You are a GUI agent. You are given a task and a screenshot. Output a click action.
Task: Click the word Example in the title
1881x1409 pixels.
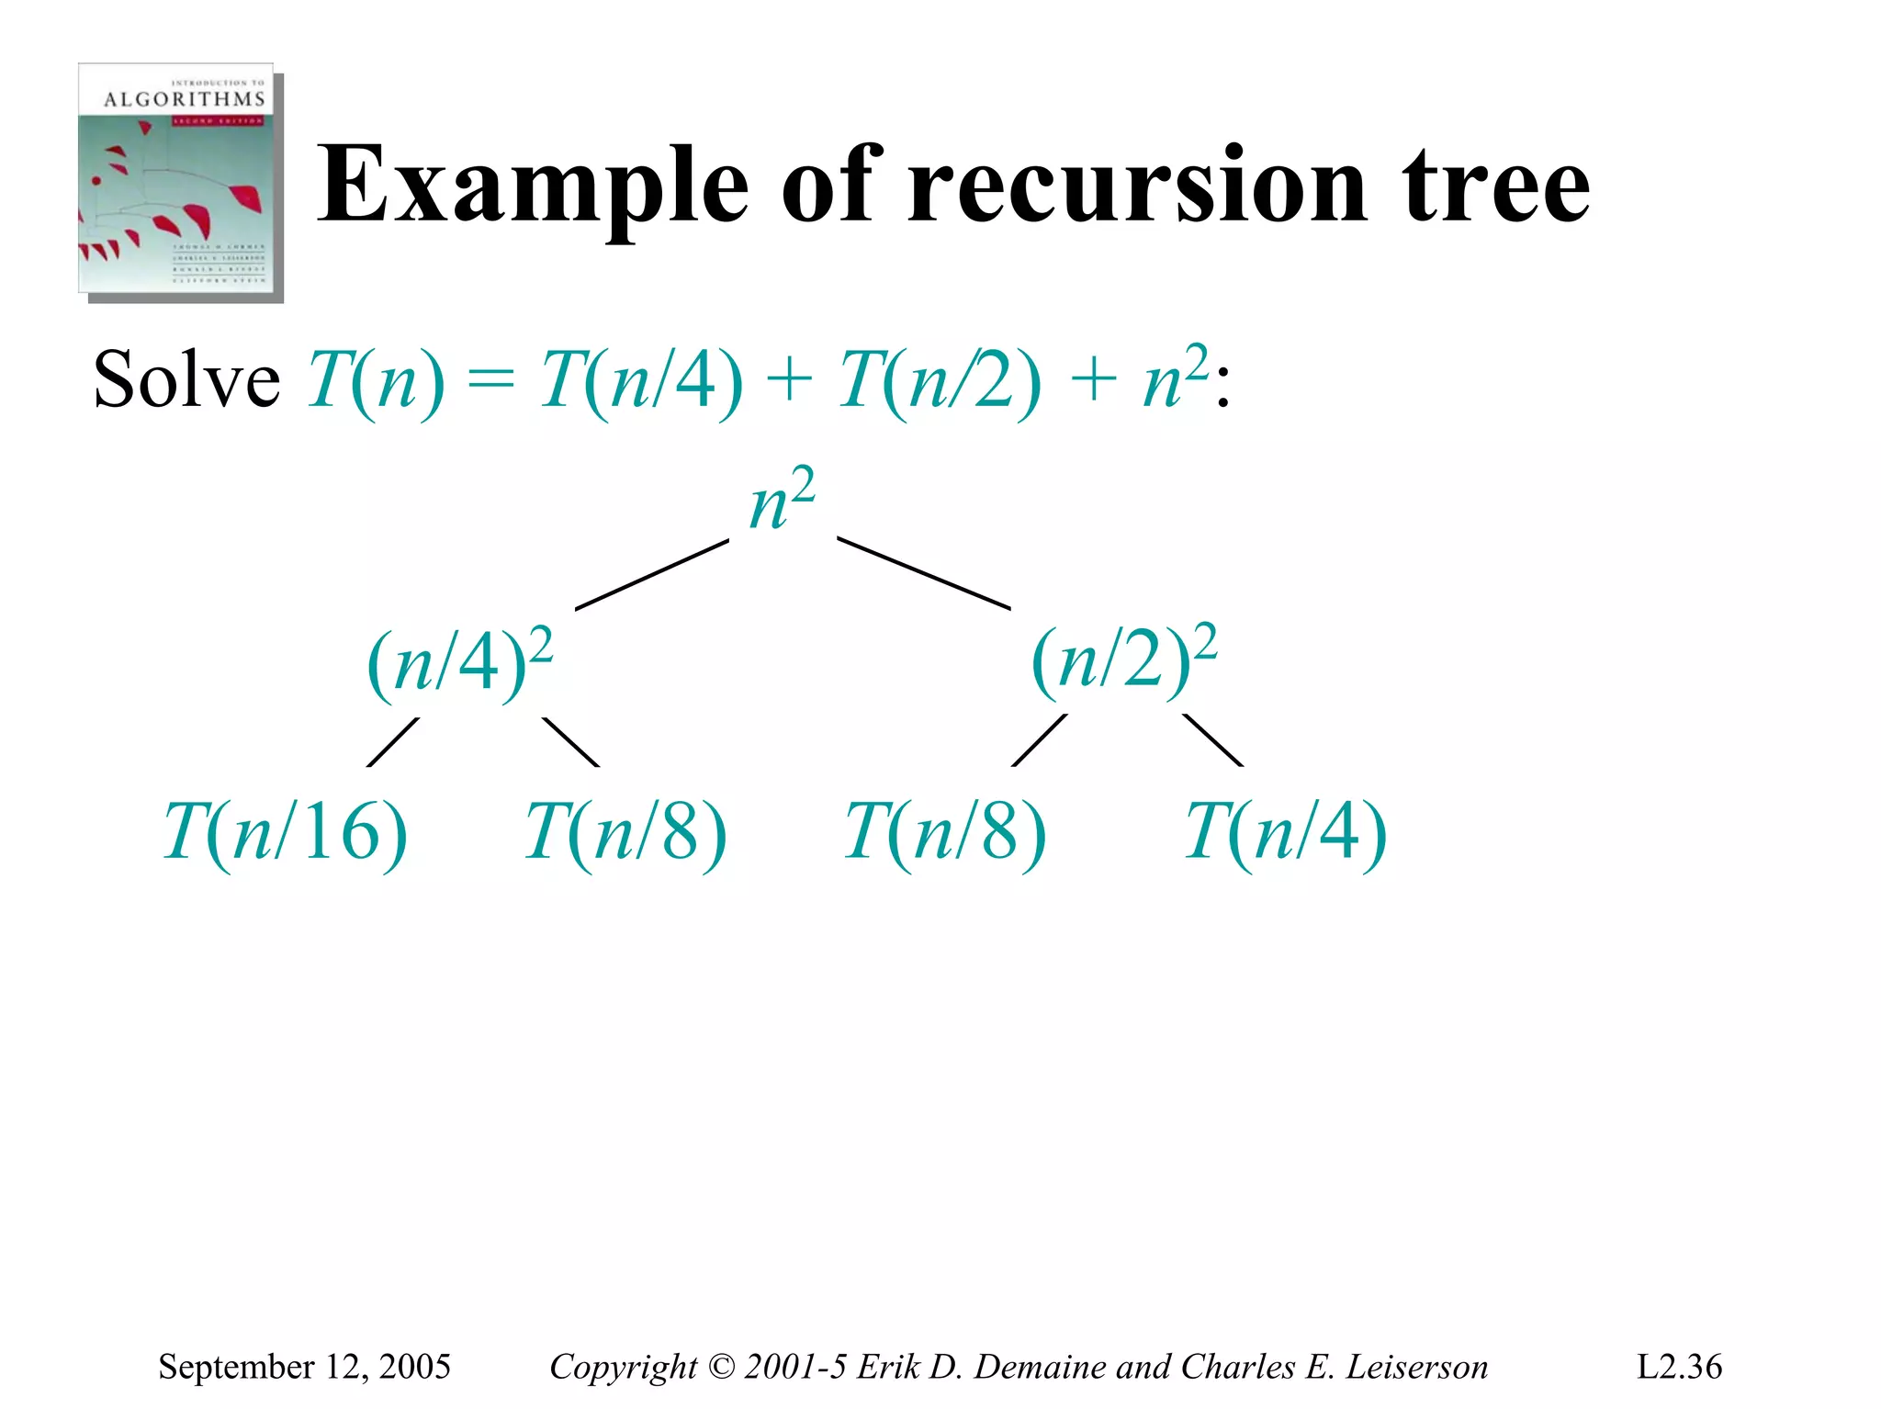click(533, 186)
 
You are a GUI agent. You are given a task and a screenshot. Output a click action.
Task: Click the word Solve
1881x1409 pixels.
click(186, 381)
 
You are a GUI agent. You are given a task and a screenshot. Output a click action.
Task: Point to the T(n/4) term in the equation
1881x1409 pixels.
click(641, 381)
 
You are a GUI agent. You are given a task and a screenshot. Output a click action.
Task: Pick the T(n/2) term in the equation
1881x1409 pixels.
click(940, 381)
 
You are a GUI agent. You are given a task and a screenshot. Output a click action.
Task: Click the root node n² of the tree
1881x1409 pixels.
click(782, 501)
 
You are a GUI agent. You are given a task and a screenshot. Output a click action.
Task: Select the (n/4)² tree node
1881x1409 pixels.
click(460, 662)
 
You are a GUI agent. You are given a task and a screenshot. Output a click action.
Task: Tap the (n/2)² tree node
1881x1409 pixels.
click(1124, 660)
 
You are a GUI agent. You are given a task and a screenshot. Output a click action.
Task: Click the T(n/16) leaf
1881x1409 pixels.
click(285, 832)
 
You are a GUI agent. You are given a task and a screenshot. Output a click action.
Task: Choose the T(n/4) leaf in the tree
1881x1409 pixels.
click(1285, 832)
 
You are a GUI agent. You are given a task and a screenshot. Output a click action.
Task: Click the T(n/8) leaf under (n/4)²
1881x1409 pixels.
click(625, 832)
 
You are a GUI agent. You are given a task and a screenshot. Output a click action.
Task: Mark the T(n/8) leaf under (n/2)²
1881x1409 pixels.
click(945, 832)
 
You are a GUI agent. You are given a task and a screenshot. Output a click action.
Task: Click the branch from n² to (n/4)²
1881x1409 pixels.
click(652, 574)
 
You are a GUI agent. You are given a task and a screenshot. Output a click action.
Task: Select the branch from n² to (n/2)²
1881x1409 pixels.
click(923, 574)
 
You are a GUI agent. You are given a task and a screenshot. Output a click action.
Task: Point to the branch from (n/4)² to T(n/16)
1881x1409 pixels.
click(393, 741)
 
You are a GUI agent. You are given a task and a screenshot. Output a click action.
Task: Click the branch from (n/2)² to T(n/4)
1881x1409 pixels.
click(1212, 739)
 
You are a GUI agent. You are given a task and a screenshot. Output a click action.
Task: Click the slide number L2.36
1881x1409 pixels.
click(1679, 1367)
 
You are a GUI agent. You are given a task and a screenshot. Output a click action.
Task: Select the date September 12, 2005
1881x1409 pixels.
click(304, 1367)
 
